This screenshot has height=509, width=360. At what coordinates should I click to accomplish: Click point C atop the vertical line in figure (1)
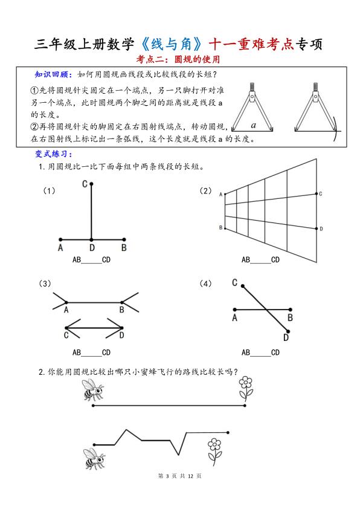(91, 184)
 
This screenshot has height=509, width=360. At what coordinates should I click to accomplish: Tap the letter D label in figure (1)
(92, 247)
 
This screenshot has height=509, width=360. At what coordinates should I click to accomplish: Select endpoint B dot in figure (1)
(124, 239)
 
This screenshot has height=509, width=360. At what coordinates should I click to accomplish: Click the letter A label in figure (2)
(220, 194)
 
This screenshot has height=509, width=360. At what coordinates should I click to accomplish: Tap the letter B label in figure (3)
(121, 310)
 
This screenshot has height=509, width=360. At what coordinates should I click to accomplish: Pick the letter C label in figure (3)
(66, 334)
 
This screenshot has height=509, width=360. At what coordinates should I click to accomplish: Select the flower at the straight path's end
(245, 387)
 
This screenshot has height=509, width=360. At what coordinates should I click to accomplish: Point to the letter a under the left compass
(254, 126)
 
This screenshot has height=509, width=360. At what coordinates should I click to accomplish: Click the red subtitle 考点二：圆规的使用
(179, 59)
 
